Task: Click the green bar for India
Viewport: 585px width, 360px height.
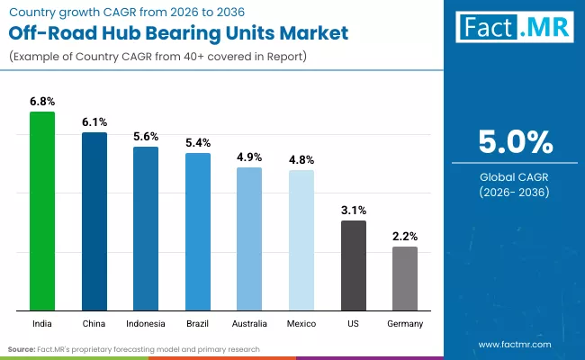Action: (x=42, y=211)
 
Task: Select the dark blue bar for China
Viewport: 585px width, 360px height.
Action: (x=94, y=221)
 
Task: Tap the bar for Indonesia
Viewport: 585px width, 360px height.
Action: (x=146, y=229)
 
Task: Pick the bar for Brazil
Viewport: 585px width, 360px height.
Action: (x=198, y=232)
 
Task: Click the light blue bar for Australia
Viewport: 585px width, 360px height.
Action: (x=249, y=239)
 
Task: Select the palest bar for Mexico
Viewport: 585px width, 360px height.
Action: (x=301, y=240)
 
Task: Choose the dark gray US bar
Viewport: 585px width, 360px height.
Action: (x=354, y=265)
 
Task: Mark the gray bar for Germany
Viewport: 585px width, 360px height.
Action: (x=405, y=279)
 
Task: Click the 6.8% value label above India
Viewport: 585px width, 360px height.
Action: (x=42, y=102)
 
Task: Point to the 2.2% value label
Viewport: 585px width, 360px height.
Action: (x=405, y=237)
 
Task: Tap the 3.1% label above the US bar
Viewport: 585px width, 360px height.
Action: (x=354, y=211)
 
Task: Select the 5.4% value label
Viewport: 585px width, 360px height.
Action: (x=198, y=143)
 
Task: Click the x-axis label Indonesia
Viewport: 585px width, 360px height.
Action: (x=146, y=322)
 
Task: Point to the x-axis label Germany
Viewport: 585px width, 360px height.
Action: (x=405, y=322)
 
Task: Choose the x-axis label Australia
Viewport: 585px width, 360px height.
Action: (x=249, y=322)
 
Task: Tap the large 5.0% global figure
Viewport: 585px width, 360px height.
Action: (x=515, y=143)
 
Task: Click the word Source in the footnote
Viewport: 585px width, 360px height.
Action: (x=22, y=348)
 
